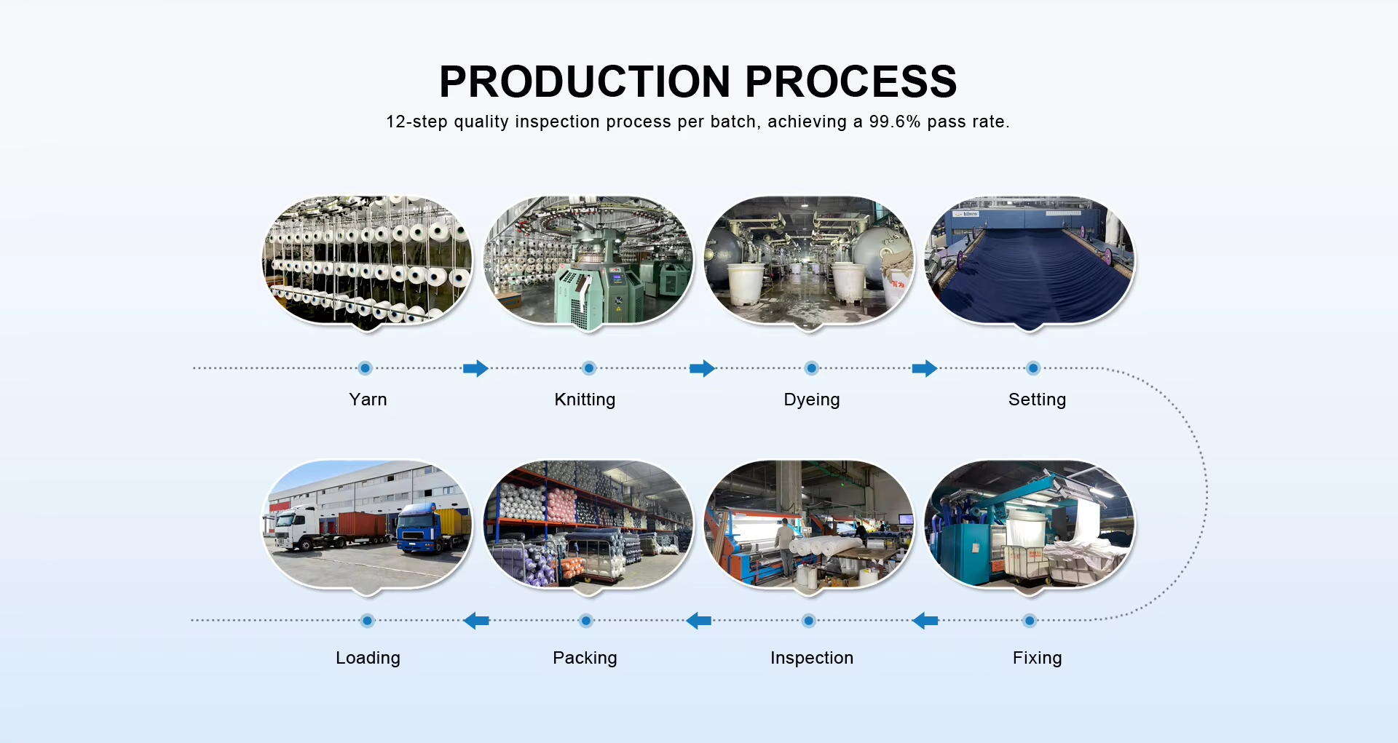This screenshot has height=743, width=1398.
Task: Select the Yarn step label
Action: tap(368, 400)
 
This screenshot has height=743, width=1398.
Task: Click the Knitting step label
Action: tap(585, 400)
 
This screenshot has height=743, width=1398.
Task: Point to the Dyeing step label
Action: tap(812, 400)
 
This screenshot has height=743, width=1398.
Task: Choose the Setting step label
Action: tap(1037, 400)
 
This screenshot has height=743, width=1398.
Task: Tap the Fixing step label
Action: tap(1037, 658)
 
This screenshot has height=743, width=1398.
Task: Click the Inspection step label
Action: tap(812, 658)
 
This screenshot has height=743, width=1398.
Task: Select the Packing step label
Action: tap(585, 658)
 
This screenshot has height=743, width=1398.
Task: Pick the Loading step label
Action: tap(368, 658)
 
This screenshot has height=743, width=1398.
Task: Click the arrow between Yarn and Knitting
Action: tap(475, 368)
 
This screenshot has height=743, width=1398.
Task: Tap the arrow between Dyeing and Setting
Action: tap(925, 368)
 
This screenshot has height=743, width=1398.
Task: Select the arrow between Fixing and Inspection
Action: tap(925, 621)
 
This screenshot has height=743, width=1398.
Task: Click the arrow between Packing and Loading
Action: tap(476, 621)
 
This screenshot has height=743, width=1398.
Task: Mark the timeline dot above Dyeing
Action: tap(812, 368)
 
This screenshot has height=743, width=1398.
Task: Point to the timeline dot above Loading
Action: tap(368, 621)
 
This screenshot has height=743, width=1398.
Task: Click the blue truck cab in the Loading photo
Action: tap(416, 529)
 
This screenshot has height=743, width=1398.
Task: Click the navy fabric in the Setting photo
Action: tap(1027, 277)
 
